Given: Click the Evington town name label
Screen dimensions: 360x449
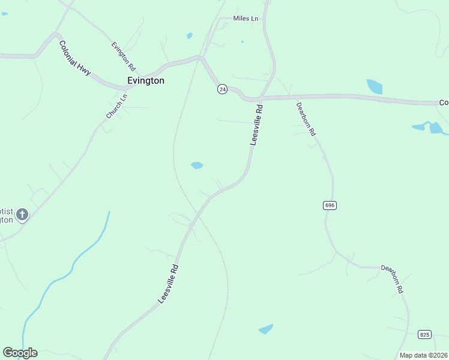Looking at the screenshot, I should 146,80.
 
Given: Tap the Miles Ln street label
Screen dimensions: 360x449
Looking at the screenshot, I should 246,19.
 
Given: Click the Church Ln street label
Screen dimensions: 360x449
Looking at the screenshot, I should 116,106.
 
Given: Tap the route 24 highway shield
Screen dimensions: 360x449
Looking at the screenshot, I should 222,89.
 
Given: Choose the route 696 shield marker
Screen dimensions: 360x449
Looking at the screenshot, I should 330,205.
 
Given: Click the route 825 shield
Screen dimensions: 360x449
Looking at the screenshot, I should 425,334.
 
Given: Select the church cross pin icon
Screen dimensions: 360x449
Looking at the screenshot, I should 22,214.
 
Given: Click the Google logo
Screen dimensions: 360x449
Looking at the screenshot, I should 20,353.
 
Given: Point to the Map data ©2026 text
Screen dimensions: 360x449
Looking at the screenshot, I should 424,355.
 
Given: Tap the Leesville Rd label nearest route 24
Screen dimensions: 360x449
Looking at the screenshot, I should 256,125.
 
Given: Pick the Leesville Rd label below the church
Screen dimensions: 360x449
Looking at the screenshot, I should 167,284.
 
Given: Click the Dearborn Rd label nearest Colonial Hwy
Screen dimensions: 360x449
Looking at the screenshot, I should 306,119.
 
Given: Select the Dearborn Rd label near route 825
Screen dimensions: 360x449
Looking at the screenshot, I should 392,279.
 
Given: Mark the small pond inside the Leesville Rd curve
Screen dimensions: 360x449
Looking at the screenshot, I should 196,165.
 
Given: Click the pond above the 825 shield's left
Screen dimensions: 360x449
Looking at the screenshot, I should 265,329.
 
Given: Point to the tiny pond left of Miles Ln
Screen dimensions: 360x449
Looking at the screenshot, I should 190,36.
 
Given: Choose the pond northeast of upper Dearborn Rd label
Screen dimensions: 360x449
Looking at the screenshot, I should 375,86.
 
